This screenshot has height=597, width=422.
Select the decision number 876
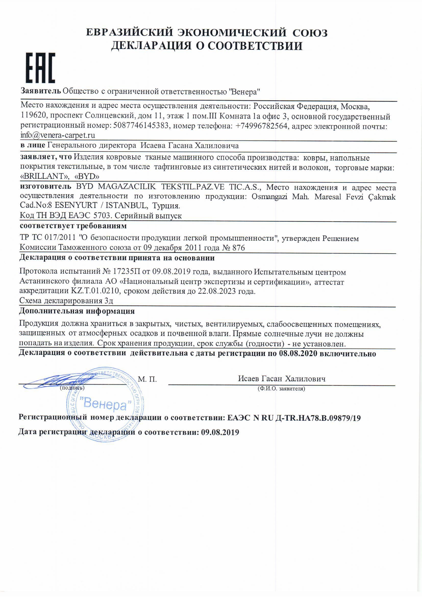(x=238, y=247)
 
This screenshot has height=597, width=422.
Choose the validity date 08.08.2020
(x=298, y=354)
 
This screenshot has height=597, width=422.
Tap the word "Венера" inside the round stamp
(x=104, y=404)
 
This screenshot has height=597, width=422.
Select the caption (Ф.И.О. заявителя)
(x=281, y=389)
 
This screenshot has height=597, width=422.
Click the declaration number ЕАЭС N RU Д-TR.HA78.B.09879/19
(x=294, y=418)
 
